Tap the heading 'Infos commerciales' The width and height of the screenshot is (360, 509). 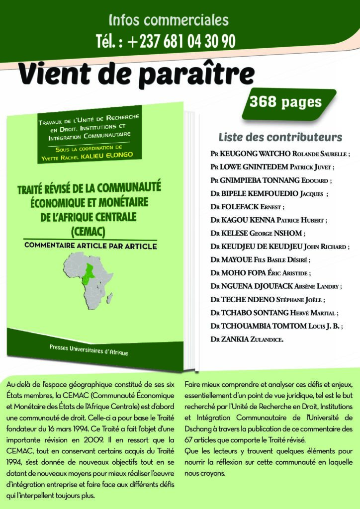(x=169, y=20)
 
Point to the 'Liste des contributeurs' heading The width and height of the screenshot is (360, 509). (x=280, y=137)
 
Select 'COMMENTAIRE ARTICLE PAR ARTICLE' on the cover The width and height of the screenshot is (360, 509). (x=90, y=246)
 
